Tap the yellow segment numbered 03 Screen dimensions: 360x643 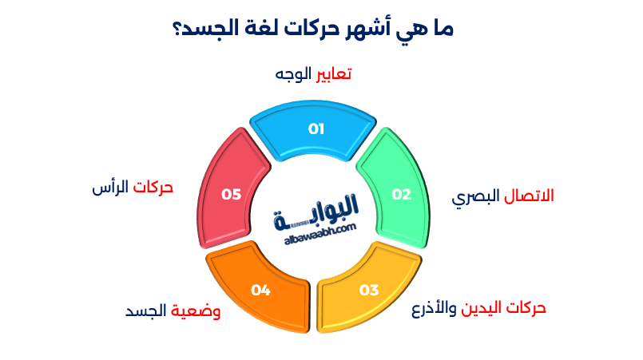[369, 288]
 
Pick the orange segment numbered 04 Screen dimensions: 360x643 [260, 288]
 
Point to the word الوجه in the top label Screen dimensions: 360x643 [292, 74]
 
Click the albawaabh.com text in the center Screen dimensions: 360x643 [317, 229]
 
